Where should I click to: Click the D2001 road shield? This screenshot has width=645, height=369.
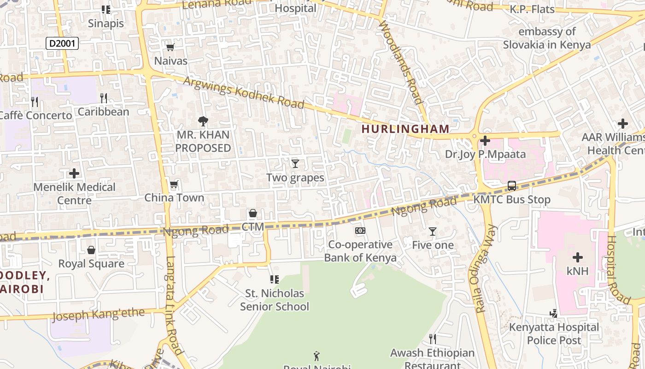tap(62, 44)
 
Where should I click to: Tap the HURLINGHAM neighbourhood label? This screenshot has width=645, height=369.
tap(405, 129)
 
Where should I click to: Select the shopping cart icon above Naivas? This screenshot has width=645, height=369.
tap(170, 47)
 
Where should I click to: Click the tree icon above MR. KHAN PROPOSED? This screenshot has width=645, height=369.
tap(203, 121)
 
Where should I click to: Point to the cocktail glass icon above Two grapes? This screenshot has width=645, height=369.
tap(295, 164)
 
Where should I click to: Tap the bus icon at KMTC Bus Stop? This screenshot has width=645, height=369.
tap(512, 186)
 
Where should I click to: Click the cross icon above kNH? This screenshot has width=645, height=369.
tap(577, 257)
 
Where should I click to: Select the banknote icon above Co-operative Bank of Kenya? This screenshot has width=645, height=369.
tap(360, 231)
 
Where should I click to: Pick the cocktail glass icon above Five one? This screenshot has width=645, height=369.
tap(432, 232)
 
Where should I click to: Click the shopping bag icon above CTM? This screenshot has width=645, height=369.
tap(252, 213)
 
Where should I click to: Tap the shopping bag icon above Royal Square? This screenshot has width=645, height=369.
tap(91, 250)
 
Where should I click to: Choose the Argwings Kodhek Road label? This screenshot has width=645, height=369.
tap(244, 93)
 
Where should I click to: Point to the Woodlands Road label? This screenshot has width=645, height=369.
tap(400, 62)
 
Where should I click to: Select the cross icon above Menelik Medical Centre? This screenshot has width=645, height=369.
tap(74, 173)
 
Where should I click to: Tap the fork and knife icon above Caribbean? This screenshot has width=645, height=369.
tap(104, 98)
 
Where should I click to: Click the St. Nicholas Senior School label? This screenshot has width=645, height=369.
tap(275, 300)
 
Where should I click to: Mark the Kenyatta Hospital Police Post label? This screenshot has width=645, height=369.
tap(554, 333)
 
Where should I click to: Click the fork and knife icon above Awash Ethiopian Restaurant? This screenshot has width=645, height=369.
tap(432, 339)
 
